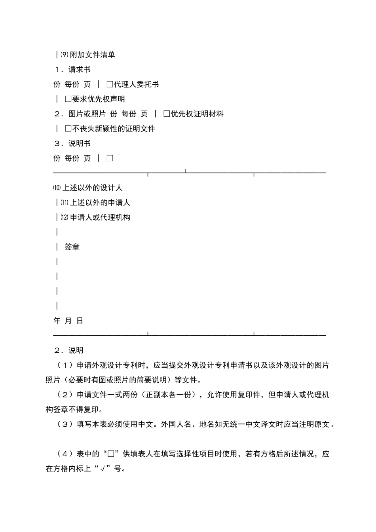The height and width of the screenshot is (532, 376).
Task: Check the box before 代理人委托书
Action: point(110,84)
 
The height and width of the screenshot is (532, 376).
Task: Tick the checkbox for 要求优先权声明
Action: point(68,99)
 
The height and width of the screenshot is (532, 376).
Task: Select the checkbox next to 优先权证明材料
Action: point(167,114)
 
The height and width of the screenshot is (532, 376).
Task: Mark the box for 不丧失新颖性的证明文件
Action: point(68,129)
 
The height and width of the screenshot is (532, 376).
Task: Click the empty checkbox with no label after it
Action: point(110,158)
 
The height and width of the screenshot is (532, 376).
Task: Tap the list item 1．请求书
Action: point(73,70)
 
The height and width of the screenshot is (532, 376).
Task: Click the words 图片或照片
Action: point(87,114)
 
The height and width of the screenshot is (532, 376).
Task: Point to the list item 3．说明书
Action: point(73,143)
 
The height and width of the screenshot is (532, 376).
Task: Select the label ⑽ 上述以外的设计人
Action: point(87,188)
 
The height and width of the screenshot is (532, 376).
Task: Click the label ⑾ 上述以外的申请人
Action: point(95,203)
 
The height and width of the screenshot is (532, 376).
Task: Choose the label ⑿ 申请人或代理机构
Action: point(95,217)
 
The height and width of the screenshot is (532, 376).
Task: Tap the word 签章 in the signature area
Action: point(72,247)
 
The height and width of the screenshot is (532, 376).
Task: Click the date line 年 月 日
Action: point(68,321)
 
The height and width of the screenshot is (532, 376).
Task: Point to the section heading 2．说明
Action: point(69,350)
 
